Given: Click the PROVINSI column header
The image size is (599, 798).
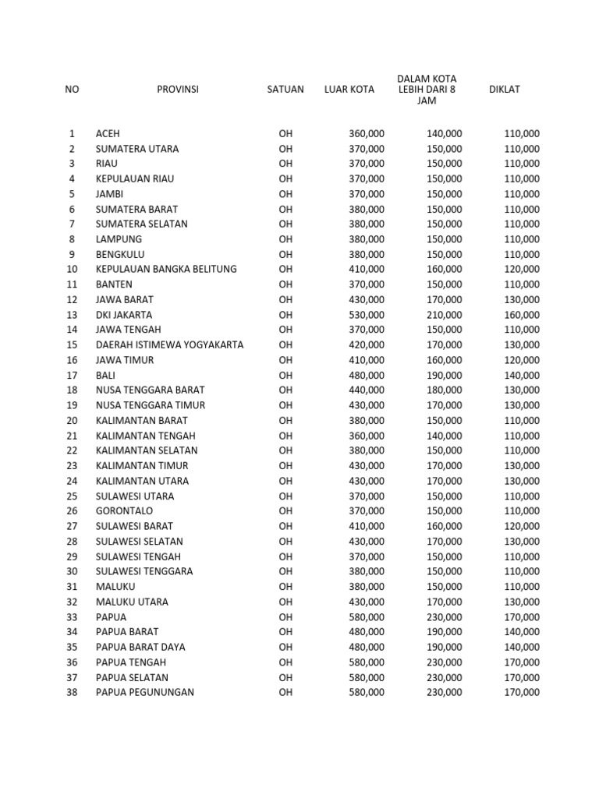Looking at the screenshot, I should (x=178, y=90).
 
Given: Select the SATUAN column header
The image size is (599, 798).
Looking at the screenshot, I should (x=285, y=90).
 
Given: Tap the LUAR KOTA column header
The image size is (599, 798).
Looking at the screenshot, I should (x=349, y=90).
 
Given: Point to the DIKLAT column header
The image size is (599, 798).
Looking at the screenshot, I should (x=504, y=90).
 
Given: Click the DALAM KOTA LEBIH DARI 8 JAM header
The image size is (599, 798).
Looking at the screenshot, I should (x=426, y=90).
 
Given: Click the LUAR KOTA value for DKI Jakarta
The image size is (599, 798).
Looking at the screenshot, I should (x=366, y=315).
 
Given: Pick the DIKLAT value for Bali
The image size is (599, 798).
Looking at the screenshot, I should (x=521, y=375).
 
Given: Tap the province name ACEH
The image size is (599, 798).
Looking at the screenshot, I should (x=108, y=134).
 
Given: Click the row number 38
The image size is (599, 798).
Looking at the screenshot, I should (x=72, y=692).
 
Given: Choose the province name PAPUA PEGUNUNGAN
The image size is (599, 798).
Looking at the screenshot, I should (x=145, y=692).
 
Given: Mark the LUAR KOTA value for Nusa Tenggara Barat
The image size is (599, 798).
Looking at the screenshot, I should (x=366, y=390).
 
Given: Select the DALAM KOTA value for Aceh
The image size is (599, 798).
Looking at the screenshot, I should (x=444, y=134).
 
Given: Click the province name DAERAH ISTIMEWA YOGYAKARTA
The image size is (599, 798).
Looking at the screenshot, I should (x=169, y=344).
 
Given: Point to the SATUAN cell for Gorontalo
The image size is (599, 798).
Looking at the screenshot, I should (x=285, y=511).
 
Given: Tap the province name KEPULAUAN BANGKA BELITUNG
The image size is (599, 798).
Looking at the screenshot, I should (x=166, y=270).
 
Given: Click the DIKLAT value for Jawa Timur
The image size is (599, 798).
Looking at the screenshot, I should (x=521, y=360).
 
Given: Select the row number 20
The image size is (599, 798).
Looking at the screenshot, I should (x=72, y=420).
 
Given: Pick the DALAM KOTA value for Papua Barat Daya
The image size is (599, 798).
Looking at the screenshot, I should (x=444, y=647).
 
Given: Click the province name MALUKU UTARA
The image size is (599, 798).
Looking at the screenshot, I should (x=132, y=602).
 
